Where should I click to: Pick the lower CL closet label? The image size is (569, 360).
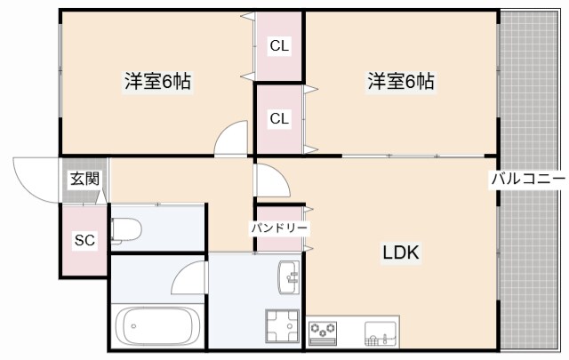(279, 118)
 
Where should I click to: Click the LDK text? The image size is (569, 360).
(400, 252)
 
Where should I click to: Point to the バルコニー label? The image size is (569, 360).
(528, 179)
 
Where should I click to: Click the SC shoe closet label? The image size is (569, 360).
(84, 240)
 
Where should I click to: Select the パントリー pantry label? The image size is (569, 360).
(279, 228)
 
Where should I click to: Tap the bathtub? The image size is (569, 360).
(159, 327)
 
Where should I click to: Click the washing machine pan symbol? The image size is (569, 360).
(282, 324)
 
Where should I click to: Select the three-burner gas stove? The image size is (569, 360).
(324, 332)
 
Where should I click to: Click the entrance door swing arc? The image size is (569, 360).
(34, 175)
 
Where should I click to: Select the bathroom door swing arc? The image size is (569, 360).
(189, 281)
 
